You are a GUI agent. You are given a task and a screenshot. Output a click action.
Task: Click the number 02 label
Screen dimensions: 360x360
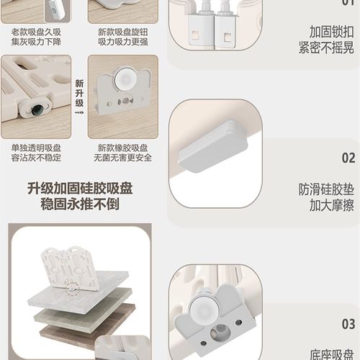click(x=348, y=158)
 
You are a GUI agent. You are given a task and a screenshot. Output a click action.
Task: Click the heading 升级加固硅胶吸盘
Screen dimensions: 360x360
click(x=80, y=189)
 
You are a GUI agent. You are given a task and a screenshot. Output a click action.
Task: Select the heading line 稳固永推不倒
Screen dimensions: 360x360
click(x=80, y=206)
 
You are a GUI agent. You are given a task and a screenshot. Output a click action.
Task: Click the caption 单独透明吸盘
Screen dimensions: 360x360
click(x=36, y=148)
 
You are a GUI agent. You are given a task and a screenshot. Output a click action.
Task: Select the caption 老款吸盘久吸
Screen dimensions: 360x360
click(x=36, y=32)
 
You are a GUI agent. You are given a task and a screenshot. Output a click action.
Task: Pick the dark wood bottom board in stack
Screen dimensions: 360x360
click(x=86, y=328)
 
